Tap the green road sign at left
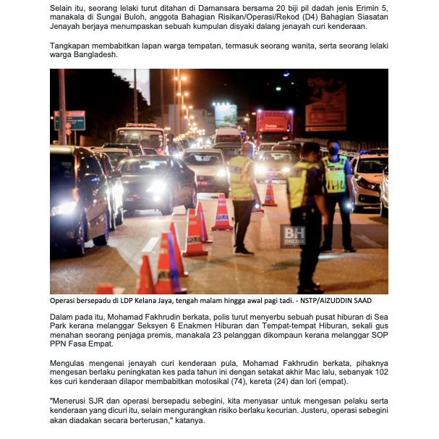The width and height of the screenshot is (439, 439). [x=69, y=120]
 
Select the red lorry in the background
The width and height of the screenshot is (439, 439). [x=274, y=127]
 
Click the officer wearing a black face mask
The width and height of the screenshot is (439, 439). [x=335, y=181]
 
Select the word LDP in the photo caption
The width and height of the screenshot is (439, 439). [x=126, y=300]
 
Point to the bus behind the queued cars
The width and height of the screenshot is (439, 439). [x=140, y=138]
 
